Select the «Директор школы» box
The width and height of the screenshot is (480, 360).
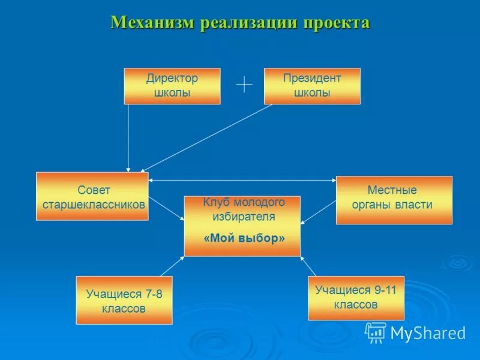pos(172,86)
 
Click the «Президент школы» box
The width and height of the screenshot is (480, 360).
pos(312,86)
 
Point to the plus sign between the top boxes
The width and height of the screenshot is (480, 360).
pos(244,85)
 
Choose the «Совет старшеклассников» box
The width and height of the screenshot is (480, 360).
pos(92,196)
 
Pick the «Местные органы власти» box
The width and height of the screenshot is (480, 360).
pos(394,200)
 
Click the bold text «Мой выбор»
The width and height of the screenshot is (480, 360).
pos(244,238)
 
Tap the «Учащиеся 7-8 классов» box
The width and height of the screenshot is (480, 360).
pos(124,301)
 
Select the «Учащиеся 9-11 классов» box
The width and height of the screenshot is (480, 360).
pos(356,298)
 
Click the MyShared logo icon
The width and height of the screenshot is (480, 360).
pos(376,332)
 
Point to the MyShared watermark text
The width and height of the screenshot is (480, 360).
pos(428,333)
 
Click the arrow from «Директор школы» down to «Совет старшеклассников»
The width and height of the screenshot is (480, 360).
pos(128,138)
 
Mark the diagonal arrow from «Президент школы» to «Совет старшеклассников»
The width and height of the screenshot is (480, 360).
pos(207,137)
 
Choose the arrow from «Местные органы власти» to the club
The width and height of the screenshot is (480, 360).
pos(318,212)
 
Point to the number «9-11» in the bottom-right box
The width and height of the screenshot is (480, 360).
pos(385,290)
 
